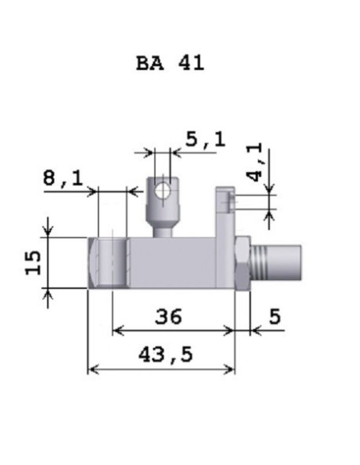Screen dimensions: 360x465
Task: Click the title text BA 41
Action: [170, 63]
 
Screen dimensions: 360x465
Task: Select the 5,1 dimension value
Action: [205, 139]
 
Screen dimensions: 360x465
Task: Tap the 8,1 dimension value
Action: [63, 178]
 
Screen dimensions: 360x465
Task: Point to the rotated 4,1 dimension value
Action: [254, 162]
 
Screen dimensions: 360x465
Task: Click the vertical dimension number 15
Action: [33, 263]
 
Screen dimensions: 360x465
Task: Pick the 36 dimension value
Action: [168, 316]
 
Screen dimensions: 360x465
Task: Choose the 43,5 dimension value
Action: [166, 354]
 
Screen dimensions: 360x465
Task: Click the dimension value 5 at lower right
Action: [275, 316]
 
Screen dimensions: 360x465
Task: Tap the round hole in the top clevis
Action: [162, 190]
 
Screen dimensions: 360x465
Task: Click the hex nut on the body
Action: [243, 263]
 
